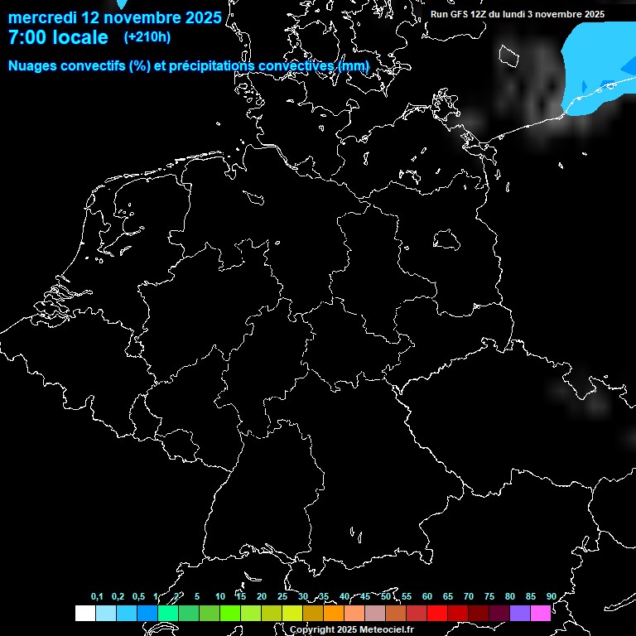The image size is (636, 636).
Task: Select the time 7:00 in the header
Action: click(x=24, y=37)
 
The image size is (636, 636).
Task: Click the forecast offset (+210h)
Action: click(x=147, y=37)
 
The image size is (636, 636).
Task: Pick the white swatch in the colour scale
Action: click(x=84, y=613)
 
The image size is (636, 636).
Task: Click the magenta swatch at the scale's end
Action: click(x=541, y=613)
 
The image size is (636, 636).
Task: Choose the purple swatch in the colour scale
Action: click(x=520, y=613)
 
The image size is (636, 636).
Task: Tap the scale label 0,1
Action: click(x=97, y=597)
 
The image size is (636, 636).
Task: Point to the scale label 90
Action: click(x=552, y=597)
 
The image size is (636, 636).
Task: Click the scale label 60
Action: click(x=427, y=597)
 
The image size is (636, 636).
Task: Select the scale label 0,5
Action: click(x=138, y=597)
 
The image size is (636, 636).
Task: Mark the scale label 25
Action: click(x=282, y=597)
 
